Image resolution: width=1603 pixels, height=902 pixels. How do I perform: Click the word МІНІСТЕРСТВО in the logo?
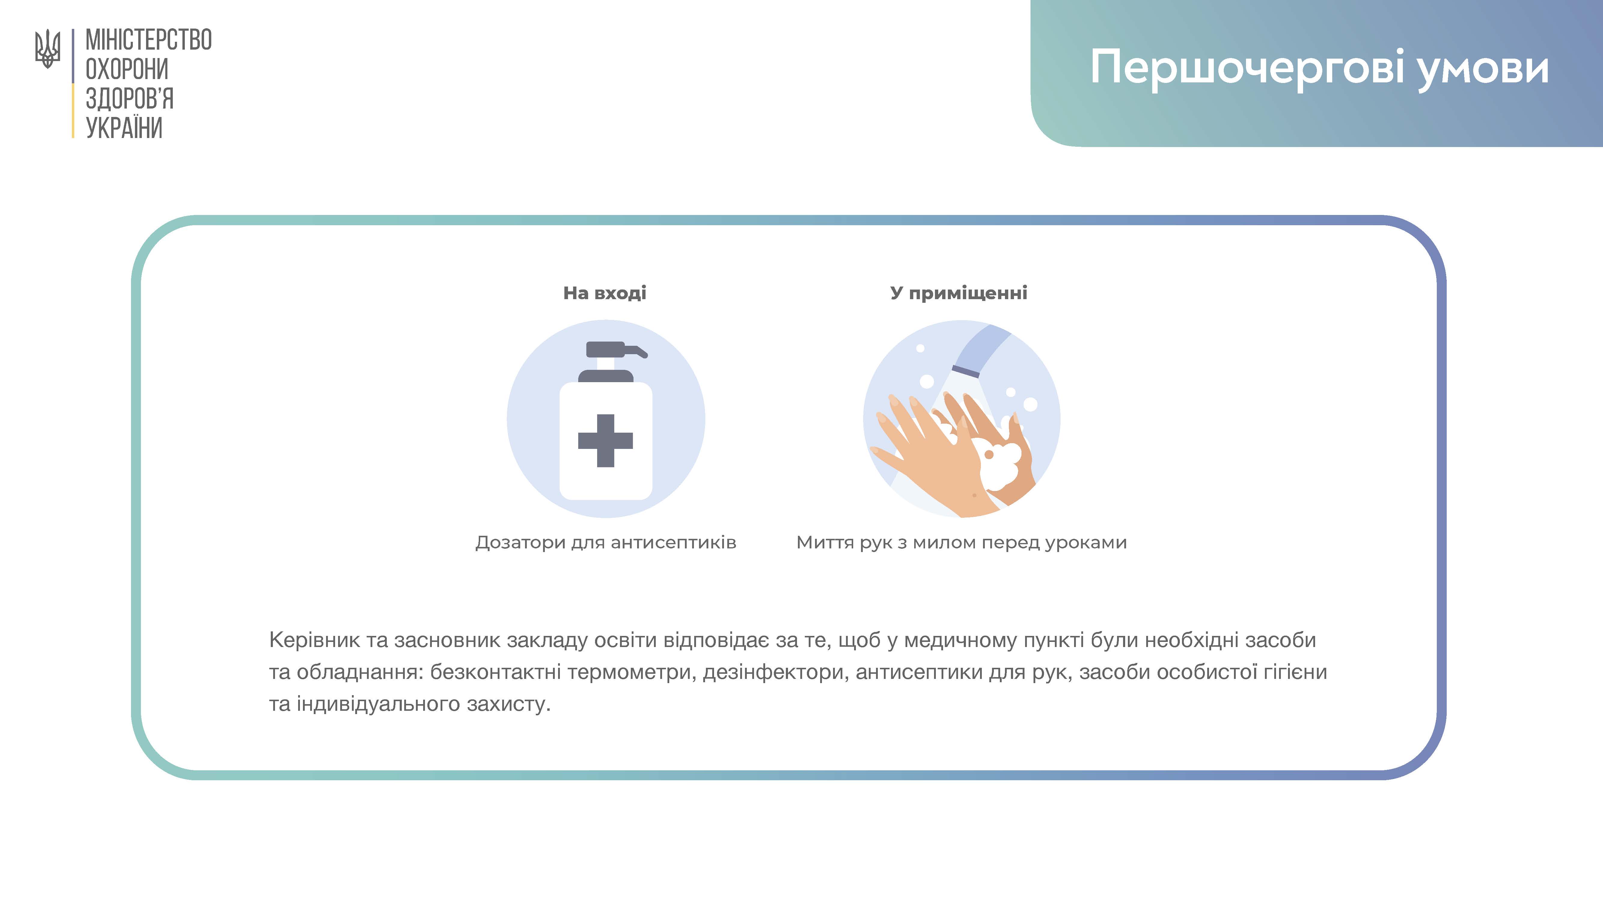[149, 40]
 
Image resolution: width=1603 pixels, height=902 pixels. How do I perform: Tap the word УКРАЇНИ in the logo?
[124, 127]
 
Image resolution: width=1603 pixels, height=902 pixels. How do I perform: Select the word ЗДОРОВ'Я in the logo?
[130, 98]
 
